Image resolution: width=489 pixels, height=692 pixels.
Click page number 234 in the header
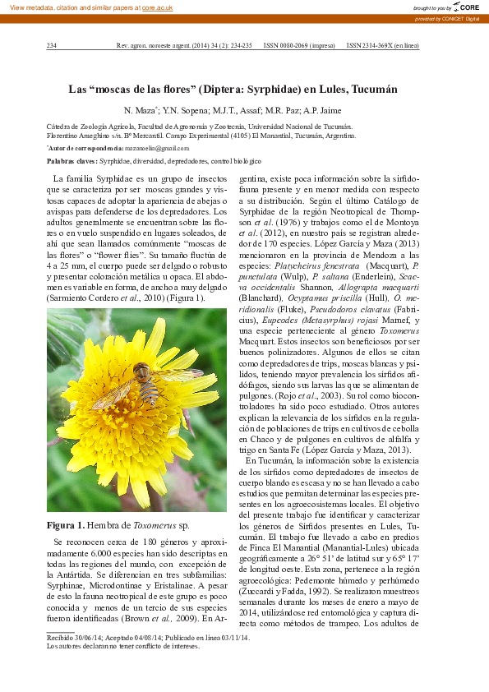point(51,46)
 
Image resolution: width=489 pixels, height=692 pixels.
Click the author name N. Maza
point(138,109)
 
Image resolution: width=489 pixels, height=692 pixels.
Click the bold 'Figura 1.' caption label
point(66,524)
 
